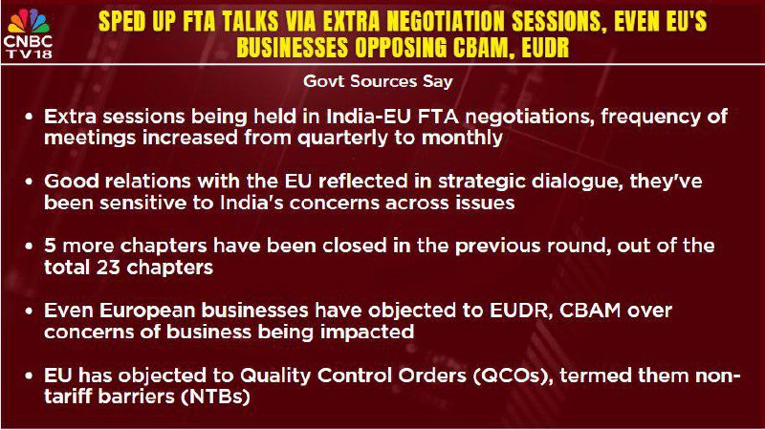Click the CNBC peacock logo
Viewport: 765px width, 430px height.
30,22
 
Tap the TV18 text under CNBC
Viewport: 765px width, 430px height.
30,54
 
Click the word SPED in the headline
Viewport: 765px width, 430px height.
120,21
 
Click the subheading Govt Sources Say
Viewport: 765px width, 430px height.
378,81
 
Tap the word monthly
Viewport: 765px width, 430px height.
462,139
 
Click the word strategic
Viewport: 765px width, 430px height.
482,182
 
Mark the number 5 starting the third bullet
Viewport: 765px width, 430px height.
50,246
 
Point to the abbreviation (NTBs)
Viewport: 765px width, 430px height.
216,397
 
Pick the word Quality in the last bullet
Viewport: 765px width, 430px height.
275,376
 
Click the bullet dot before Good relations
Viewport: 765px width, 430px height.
30,182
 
